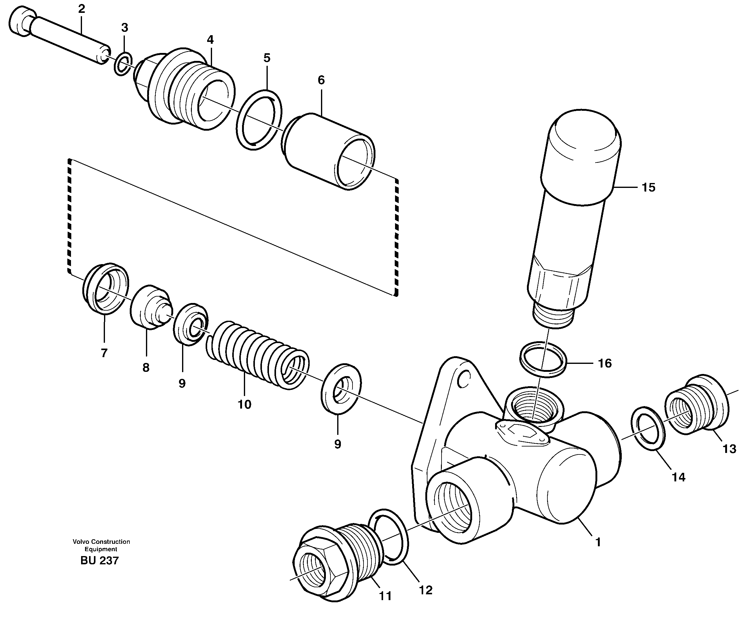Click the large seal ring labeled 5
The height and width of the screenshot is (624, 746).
point(259,120)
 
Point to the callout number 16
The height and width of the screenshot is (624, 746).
point(605,363)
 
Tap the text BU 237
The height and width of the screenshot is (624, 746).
point(99,560)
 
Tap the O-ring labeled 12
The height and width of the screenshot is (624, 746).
point(388,536)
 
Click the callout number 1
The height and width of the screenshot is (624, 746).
point(598,542)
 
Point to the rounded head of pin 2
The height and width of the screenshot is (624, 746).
point(22,21)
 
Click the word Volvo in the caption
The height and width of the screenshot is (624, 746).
point(81,542)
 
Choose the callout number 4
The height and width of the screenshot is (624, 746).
point(210,40)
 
